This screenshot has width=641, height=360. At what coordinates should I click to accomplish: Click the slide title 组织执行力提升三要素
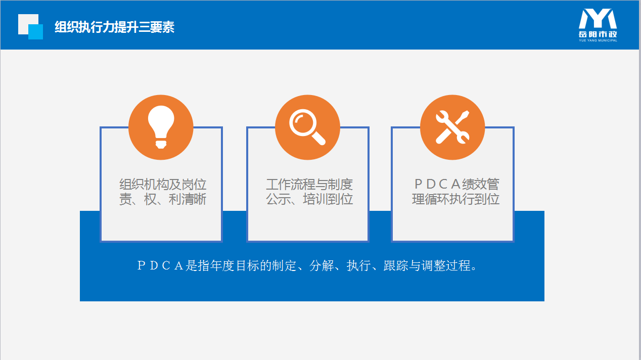click(x=114, y=27)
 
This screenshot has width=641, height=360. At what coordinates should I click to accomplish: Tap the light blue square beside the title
click(x=36, y=32)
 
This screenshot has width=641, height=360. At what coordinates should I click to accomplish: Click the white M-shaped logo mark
click(x=598, y=19)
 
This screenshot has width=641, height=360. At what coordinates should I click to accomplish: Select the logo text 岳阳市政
click(x=598, y=34)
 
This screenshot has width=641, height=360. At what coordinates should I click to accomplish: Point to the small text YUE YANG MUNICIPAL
click(x=598, y=40)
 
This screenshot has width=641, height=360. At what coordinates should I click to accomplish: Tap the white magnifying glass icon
click(x=307, y=127)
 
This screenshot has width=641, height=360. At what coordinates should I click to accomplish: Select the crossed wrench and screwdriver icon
click(x=452, y=127)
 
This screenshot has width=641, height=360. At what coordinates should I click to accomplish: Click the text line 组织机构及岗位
click(x=163, y=184)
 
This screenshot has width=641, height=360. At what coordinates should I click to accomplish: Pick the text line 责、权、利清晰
click(x=163, y=199)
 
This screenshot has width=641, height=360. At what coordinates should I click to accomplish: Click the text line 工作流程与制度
click(x=309, y=184)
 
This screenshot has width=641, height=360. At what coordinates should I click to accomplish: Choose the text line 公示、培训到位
click(x=309, y=199)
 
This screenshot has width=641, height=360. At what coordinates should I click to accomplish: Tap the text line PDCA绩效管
click(x=456, y=184)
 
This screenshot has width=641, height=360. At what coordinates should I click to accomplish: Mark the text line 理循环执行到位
click(x=456, y=199)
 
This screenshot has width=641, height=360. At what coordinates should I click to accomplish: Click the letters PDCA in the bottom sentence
click(x=160, y=266)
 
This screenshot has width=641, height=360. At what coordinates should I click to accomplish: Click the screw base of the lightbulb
click(x=161, y=144)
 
